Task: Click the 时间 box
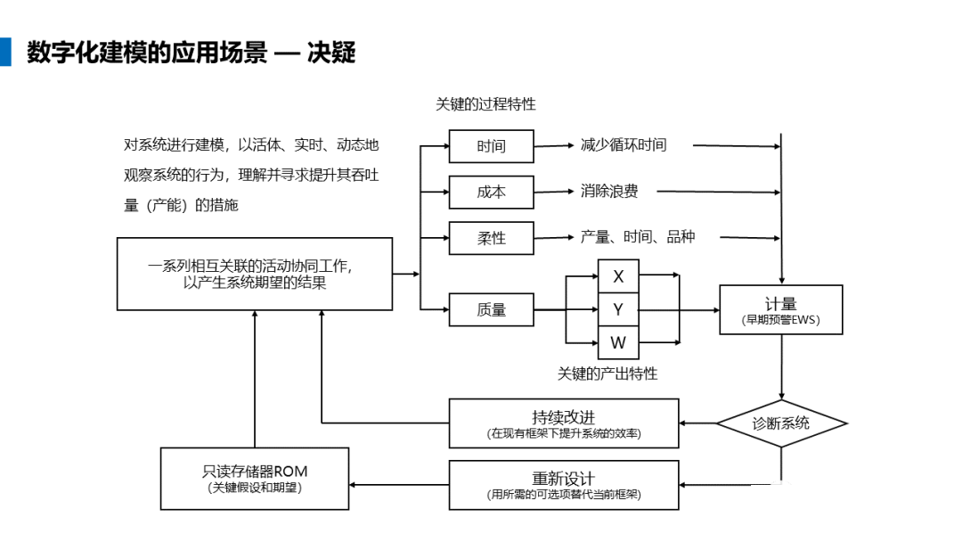click(x=491, y=146)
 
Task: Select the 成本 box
click(x=491, y=193)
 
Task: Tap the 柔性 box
click(x=491, y=238)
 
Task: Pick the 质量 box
click(x=491, y=309)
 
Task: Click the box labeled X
click(x=618, y=276)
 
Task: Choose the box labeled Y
click(x=618, y=309)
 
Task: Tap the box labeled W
click(x=618, y=342)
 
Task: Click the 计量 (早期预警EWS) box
click(x=781, y=310)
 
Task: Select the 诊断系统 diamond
click(x=782, y=423)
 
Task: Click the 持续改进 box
click(x=564, y=423)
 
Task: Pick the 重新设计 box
click(x=564, y=485)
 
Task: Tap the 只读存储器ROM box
click(x=255, y=479)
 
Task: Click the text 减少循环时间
click(x=624, y=145)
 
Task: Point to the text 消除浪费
click(x=609, y=191)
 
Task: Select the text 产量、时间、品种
click(x=638, y=237)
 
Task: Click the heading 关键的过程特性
click(x=486, y=104)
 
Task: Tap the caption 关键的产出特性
click(x=607, y=374)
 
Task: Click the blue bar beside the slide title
click(x=5, y=53)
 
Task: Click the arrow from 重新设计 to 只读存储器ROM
click(x=399, y=485)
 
